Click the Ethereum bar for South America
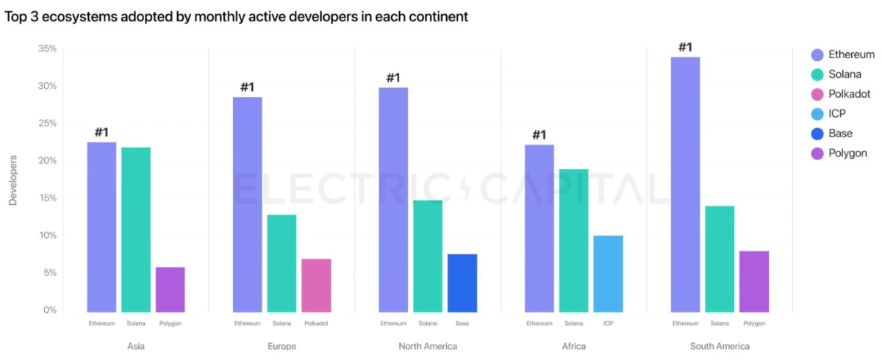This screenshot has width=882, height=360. point(685,184)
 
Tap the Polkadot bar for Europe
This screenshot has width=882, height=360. point(316,285)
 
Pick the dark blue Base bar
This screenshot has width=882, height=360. point(462,283)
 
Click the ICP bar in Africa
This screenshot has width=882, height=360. point(608,273)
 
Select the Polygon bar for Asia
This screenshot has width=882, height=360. point(170,289)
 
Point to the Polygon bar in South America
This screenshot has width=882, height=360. point(753,281)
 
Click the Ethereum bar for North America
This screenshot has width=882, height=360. point(393,199)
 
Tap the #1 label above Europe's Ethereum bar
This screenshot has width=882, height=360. point(247,88)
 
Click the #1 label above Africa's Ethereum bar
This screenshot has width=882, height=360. point(539,135)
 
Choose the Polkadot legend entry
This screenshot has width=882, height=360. point(849,94)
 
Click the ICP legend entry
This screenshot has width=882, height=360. point(838,114)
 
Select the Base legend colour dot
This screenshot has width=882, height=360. point(817,134)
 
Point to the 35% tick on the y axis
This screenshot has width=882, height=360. point(47,48)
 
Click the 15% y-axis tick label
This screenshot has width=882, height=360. point(47,198)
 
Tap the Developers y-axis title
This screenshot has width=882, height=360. point(12,180)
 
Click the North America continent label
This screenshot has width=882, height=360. point(427,346)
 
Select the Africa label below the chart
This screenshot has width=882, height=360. point(573,346)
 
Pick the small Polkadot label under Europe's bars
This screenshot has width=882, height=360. point(316,323)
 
